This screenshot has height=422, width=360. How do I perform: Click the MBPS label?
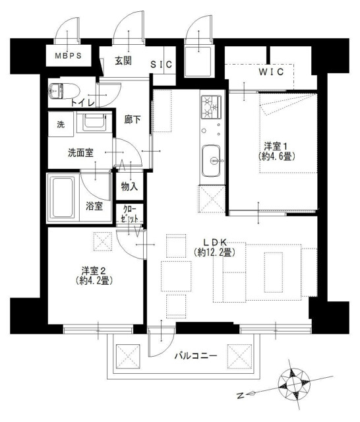pos(69,56)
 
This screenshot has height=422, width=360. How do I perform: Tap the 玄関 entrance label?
pos(123,61)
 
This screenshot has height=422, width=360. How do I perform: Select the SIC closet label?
pos(160,65)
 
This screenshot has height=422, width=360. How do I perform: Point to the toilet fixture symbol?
pos(59,91)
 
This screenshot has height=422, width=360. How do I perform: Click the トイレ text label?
pos(82,102)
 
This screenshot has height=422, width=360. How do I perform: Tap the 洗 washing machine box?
pos(60,125)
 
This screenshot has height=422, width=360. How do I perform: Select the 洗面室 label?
pos(80,152)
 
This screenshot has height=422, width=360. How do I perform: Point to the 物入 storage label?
pos(129,187)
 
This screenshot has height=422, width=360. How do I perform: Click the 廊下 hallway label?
pos(133,121)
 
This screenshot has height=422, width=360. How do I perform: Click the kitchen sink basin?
pos(212,159)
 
